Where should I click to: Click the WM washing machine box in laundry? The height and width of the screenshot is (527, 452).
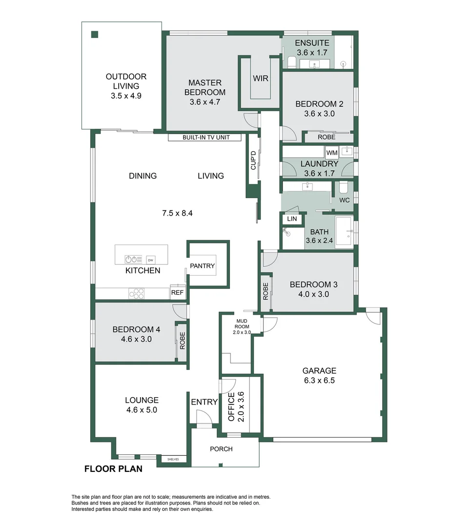[x=332, y=153]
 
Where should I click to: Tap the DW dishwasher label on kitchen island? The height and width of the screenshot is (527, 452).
[x=151, y=259]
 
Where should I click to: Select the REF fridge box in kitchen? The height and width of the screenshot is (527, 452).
[x=177, y=293]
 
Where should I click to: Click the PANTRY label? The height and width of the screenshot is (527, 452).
[x=202, y=266]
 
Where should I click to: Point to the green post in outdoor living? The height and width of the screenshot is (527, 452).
[x=95, y=34]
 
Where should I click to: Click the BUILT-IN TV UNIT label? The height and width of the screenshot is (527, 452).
[x=205, y=138]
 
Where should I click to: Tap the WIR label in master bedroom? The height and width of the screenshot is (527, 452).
[x=260, y=78]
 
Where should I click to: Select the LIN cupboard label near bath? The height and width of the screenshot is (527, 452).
[x=292, y=219]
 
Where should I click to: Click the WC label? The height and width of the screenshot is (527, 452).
[x=344, y=200]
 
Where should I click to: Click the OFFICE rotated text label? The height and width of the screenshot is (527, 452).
[x=232, y=406]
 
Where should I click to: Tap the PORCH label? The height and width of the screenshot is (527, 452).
[x=221, y=449]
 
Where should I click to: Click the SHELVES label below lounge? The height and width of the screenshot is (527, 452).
[x=173, y=459]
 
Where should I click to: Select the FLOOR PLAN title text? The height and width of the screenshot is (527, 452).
[x=113, y=469]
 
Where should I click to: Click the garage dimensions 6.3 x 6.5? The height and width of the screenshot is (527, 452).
[x=319, y=381]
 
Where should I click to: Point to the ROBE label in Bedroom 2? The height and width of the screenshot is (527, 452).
[x=327, y=138]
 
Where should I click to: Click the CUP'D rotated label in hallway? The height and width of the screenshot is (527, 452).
[x=253, y=160]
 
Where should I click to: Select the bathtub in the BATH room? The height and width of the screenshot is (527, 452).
[x=344, y=233]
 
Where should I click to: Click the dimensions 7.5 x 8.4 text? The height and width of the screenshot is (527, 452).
[x=178, y=213]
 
